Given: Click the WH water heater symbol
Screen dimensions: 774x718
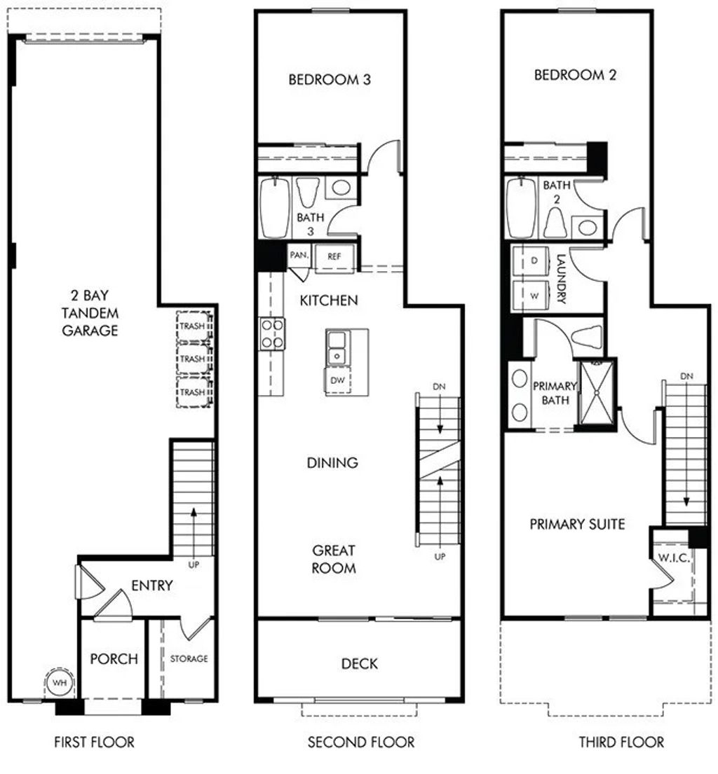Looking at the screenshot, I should coord(59,682).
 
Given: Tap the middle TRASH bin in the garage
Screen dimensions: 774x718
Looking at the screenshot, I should coord(193,359).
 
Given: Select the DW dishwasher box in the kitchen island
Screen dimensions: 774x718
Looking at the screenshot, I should coord(337,380).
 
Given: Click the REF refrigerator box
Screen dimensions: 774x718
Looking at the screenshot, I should coord(334,256).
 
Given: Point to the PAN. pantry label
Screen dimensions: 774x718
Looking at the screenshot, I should coord(299,256).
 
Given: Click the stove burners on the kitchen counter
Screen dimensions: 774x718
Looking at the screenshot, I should coord(272,333).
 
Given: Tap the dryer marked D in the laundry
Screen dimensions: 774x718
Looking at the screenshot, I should coord(534,261).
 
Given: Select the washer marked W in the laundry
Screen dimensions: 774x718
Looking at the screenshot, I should coord(534,295).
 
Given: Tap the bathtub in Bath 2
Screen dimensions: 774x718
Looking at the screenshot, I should coord(521,208).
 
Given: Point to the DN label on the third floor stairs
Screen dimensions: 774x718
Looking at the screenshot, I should coord(686,377).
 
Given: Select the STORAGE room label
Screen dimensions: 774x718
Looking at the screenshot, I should coord(189,659).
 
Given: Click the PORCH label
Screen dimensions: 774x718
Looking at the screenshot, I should coord(114,659).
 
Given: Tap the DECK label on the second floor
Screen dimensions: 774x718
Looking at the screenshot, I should coord(359,663).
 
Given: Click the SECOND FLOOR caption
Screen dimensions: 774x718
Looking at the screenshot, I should coord(360,742).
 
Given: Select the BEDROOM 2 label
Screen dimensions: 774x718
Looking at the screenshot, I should coord(575,75).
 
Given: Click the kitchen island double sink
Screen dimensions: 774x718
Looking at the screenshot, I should coord(337,348).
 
